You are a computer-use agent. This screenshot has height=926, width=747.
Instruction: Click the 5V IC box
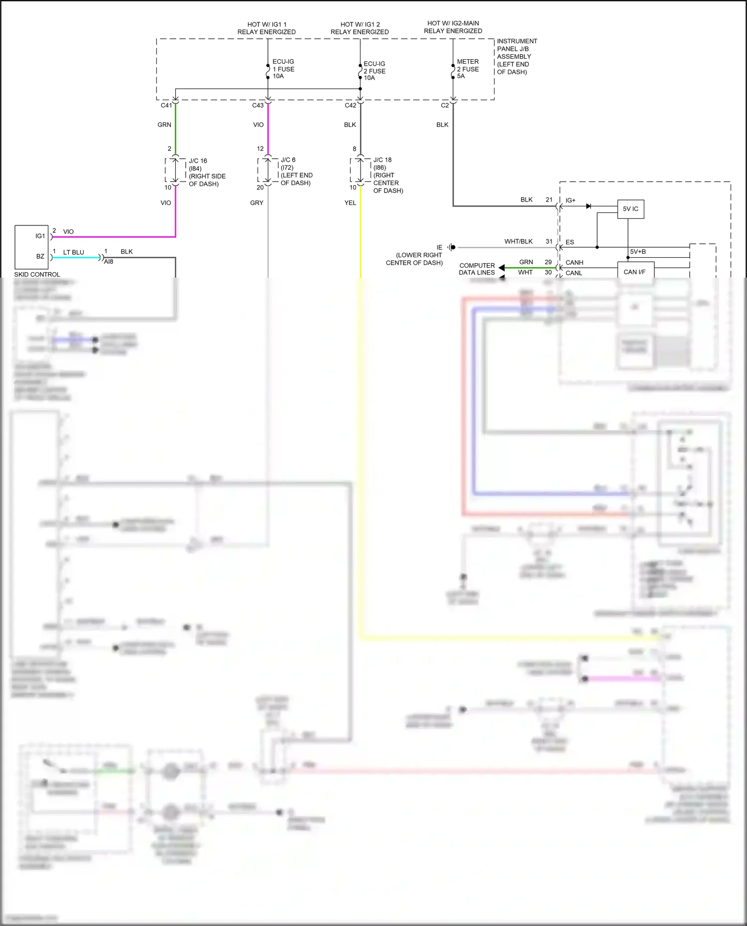click(630, 209)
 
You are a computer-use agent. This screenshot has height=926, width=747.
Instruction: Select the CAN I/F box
click(634, 272)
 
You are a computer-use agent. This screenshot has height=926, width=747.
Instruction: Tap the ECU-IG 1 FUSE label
click(283, 69)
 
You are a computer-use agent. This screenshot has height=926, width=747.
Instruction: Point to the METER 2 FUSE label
click(468, 69)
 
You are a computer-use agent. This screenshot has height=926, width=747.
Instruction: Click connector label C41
click(166, 105)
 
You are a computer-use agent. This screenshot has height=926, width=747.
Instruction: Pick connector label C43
click(258, 105)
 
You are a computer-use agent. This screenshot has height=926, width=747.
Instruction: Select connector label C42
click(351, 105)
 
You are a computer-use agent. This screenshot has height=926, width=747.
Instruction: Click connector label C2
click(445, 105)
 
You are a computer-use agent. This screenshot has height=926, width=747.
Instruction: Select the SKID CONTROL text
click(37, 275)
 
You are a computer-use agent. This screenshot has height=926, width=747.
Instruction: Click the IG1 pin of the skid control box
click(40, 236)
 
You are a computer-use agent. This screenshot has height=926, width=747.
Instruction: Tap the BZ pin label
click(40, 256)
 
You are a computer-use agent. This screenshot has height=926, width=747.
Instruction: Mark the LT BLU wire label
click(73, 252)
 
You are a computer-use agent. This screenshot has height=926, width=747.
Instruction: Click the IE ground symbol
click(451, 247)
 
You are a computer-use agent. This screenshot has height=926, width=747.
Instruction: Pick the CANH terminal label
click(574, 262)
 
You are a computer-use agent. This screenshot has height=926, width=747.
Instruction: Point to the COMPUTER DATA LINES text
click(477, 269)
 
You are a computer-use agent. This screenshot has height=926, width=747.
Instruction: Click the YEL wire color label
click(350, 203)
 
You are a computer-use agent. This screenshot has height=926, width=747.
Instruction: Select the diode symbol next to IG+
click(589, 206)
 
